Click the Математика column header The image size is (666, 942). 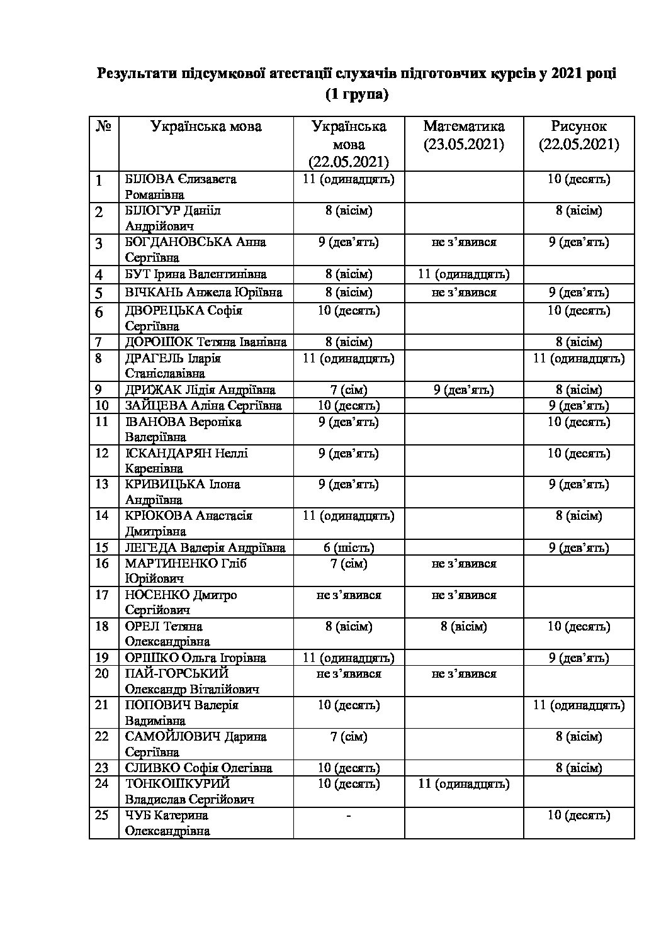(464, 135)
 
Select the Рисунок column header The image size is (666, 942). (579, 135)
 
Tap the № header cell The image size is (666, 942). (104, 126)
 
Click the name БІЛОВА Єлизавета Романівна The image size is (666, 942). (181, 186)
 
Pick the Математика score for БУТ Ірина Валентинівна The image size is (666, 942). (464, 274)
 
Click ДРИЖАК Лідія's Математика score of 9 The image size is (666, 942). (464, 390)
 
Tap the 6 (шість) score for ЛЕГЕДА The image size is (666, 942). (348, 547)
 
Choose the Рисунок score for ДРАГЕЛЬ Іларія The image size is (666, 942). (579, 359)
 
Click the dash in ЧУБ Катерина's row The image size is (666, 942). (348, 816)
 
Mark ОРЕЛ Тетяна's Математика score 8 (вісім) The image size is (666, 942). (464, 627)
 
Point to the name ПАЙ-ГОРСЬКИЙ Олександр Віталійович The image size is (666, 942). (192, 681)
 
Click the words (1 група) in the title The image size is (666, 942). (356, 95)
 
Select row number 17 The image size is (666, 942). (102, 595)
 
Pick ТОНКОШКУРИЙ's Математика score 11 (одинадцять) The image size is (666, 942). (464, 784)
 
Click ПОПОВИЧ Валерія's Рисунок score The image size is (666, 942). (579, 705)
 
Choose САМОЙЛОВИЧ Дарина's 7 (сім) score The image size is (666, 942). (348, 737)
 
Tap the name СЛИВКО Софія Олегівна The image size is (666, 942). (198, 768)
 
